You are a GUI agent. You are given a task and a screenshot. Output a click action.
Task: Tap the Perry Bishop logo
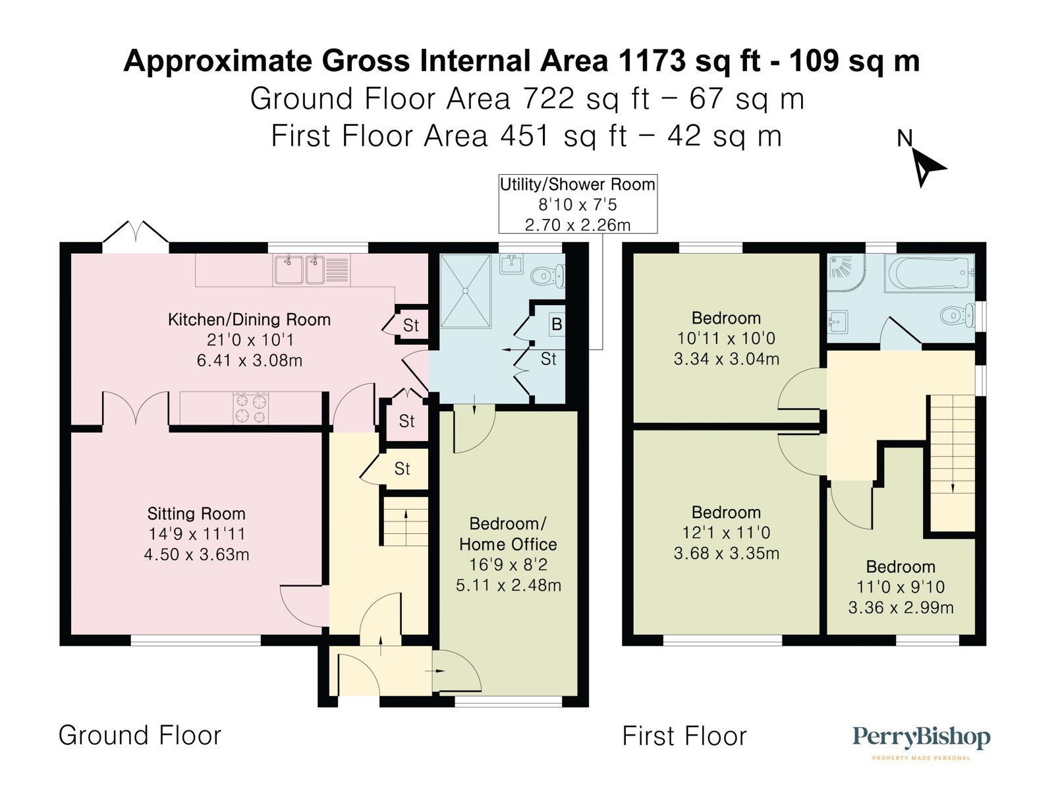tap(921, 738)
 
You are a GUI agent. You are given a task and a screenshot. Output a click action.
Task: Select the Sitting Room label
tap(196, 513)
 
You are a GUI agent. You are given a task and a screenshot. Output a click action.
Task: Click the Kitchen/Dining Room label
tap(249, 320)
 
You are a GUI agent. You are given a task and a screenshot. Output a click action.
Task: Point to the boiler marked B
tap(557, 324)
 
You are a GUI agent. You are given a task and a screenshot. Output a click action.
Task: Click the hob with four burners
tap(252, 408)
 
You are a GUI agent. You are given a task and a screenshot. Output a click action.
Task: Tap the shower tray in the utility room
tap(466, 290)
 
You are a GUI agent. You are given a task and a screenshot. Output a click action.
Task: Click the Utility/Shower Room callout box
tap(578, 204)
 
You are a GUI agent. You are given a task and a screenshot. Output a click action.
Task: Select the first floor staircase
tap(951, 461)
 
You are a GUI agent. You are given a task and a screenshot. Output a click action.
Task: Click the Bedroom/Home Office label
tap(508, 534)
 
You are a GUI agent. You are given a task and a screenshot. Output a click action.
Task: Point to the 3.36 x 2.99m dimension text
tap(901, 608)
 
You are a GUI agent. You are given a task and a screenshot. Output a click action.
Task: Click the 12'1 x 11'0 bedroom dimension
tap(726, 533)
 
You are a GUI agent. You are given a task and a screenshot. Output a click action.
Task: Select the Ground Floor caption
tap(140, 735)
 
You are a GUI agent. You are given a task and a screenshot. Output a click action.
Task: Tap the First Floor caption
tap(684, 736)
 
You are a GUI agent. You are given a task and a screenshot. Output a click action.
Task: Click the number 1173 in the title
tap(652, 61)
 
